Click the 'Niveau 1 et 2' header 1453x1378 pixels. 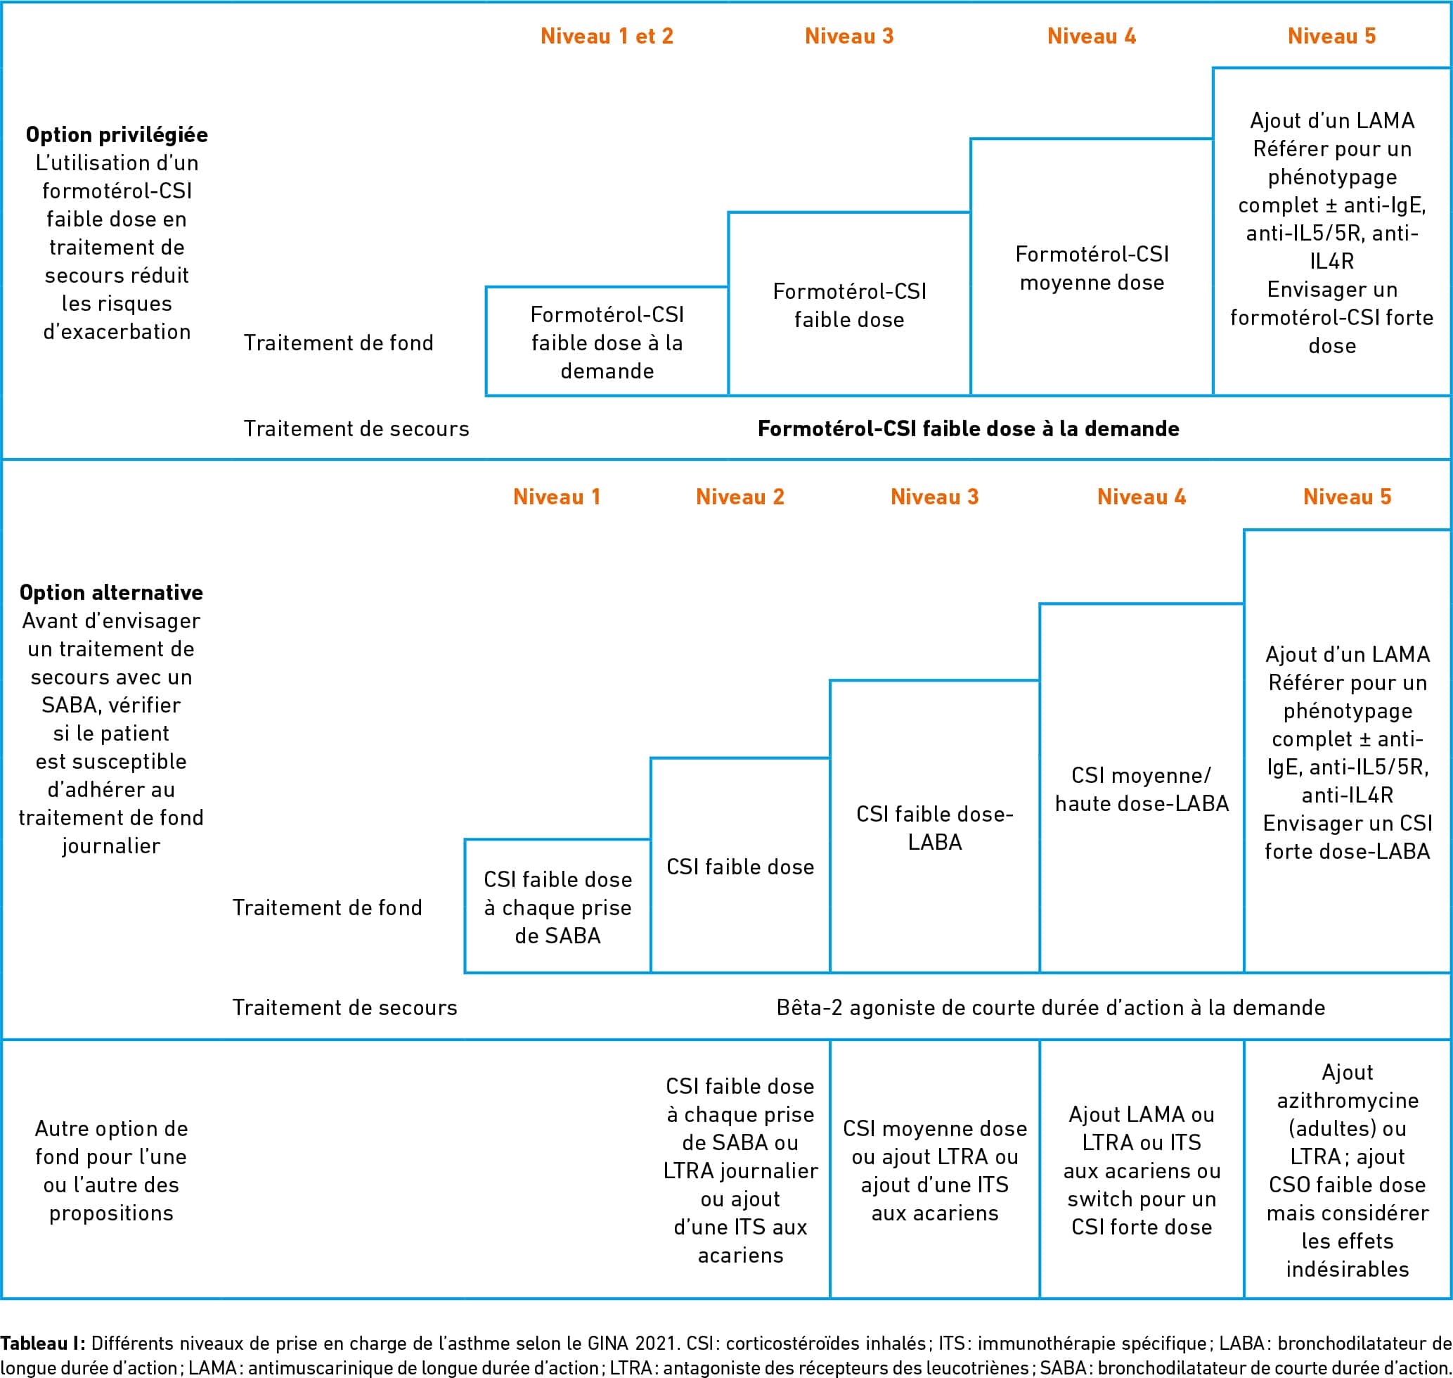point(607,36)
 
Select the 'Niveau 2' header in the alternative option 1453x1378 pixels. point(740,497)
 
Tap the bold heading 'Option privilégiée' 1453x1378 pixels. point(117,134)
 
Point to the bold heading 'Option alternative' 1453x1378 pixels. point(111,592)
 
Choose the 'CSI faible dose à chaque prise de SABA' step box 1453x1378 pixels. point(558,907)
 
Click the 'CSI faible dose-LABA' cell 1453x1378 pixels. point(935,827)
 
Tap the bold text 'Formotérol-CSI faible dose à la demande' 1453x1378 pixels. point(969,428)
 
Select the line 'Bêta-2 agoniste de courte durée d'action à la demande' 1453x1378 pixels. point(1051,1007)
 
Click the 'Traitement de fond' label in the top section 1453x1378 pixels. point(338,343)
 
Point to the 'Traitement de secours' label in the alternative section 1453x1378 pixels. point(344,1007)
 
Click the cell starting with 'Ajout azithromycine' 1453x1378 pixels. point(1348,1170)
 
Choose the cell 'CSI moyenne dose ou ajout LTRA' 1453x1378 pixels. point(935,1170)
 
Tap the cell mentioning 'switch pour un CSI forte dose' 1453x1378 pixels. point(1142,1170)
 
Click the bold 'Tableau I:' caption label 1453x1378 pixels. point(44,1343)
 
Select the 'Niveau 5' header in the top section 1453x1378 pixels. point(1331,36)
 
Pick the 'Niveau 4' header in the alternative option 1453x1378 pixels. point(1142,497)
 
